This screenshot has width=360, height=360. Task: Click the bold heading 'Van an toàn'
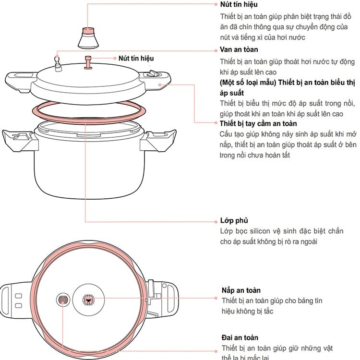[239, 49]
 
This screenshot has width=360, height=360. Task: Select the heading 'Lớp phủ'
[234, 221]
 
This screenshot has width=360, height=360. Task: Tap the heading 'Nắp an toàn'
[241, 290]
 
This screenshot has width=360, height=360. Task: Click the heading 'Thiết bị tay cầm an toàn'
[258, 123]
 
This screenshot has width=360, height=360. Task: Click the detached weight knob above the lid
[88, 38]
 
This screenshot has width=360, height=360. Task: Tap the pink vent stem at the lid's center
[88, 62]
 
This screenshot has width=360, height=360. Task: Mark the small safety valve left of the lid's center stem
[59, 63]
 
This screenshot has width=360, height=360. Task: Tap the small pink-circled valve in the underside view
[63, 300]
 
